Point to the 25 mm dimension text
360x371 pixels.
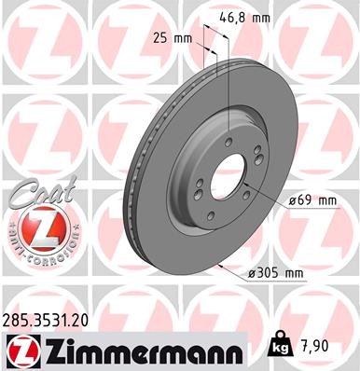click(x=167, y=38)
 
